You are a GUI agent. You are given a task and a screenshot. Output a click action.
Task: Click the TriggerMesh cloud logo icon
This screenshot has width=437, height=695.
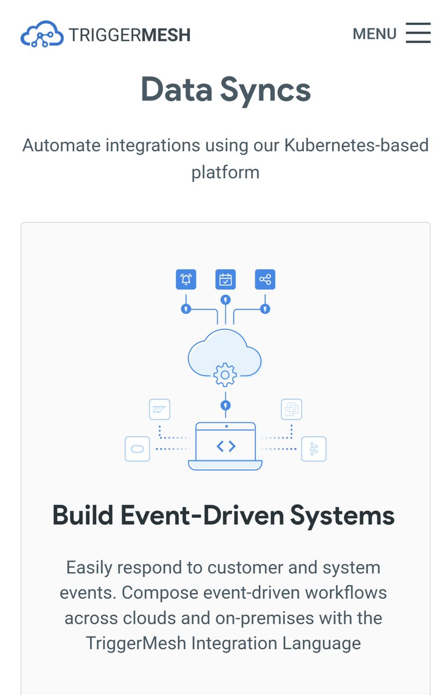[42, 34]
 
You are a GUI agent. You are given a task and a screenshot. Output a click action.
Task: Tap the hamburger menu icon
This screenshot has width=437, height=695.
[418, 33]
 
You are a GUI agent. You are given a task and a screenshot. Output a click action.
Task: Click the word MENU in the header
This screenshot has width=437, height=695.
[374, 34]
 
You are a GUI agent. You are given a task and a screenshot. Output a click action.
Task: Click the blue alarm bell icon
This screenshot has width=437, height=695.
[186, 280]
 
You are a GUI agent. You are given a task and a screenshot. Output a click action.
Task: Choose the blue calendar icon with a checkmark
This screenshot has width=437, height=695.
[225, 280]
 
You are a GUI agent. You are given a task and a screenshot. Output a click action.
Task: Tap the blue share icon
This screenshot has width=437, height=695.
[265, 280]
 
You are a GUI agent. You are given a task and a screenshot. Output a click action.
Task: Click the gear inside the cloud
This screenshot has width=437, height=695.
[225, 375]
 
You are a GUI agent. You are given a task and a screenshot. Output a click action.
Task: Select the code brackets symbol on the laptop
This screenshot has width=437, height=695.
[225, 446]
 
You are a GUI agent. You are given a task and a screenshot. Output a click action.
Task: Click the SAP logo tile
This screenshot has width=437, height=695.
[159, 409]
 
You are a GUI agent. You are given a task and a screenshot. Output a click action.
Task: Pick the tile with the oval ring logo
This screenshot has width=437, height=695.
[137, 449]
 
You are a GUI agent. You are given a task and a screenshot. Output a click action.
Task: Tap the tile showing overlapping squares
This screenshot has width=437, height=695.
[291, 409]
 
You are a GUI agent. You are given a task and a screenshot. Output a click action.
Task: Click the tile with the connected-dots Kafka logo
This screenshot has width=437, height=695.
[314, 449]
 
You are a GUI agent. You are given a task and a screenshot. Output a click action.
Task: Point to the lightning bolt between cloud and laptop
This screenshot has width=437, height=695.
[226, 405]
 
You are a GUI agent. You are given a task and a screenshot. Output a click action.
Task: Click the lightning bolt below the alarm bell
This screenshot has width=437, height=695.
[186, 309]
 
